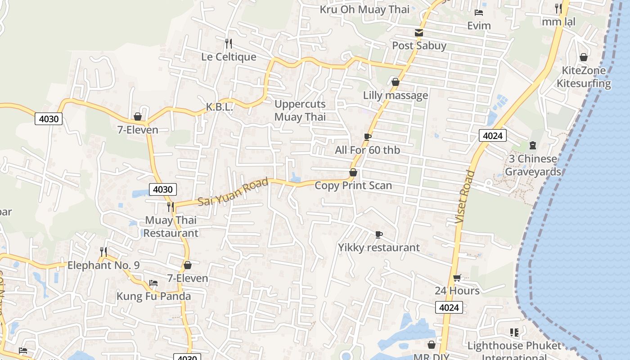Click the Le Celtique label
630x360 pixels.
(229, 57)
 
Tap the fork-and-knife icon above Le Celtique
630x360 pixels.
(229, 43)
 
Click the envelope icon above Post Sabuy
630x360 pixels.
(419, 32)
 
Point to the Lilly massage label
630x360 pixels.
(395, 95)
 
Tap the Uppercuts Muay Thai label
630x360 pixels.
(300, 111)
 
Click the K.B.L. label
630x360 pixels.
(220, 107)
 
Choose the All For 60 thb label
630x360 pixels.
(367, 150)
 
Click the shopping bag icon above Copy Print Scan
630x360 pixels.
(353, 172)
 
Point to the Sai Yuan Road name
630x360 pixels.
(233, 192)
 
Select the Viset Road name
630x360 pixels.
(464, 197)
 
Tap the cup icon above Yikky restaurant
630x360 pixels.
(379, 234)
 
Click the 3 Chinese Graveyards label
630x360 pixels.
(533, 165)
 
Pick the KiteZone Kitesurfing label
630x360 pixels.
(584, 77)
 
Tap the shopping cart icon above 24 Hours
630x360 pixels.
(457, 278)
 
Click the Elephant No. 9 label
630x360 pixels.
(103, 265)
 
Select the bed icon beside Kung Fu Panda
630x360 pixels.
(153, 283)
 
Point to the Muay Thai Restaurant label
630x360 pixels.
(171, 226)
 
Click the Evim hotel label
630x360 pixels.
(479, 26)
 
